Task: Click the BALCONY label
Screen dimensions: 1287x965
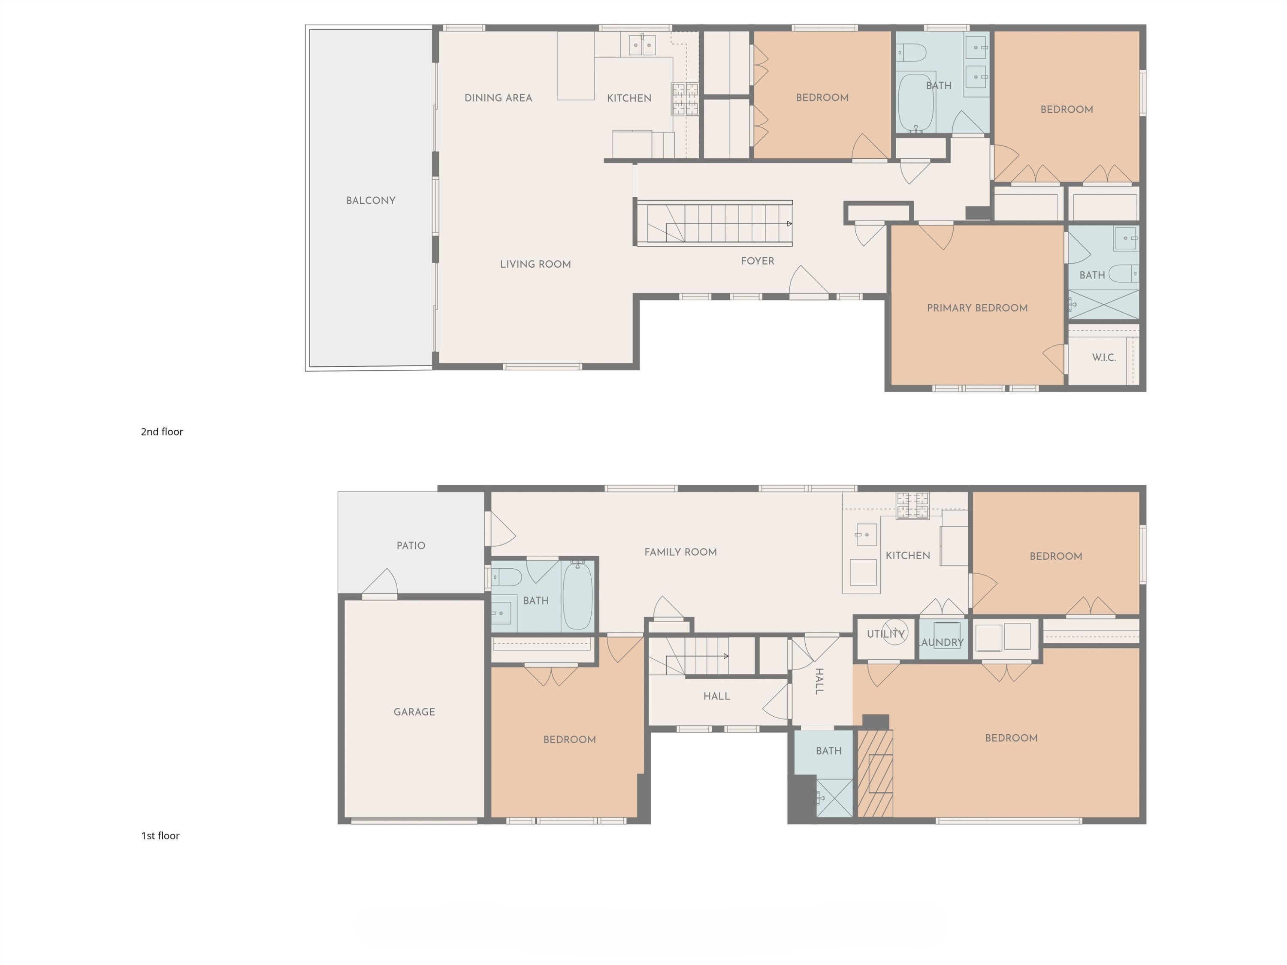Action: [x=371, y=201]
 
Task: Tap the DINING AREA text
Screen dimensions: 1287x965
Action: [x=498, y=98]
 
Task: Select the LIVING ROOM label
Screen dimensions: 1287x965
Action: [x=535, y=264]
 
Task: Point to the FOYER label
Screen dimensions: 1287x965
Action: [x=758, y=261]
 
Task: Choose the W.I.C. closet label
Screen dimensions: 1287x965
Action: [x=1104, y=358]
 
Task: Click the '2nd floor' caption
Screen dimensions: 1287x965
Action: [x=162, y=431]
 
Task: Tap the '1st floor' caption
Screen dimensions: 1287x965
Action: [x=160, y=836]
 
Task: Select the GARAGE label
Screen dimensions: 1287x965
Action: [x=414, y=712]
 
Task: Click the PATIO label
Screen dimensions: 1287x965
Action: [x=411, y=546]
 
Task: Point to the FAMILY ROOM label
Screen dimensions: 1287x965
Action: [x=680, y=552]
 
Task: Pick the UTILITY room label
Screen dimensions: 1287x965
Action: [x=885, y=634]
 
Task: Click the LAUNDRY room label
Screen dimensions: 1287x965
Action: [x=941, y=642]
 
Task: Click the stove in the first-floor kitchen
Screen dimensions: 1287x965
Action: [x=912, y=505]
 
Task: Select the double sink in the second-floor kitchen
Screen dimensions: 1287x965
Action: [x=642, y=44]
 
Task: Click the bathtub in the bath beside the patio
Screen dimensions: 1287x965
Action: [x=577, y=596]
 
